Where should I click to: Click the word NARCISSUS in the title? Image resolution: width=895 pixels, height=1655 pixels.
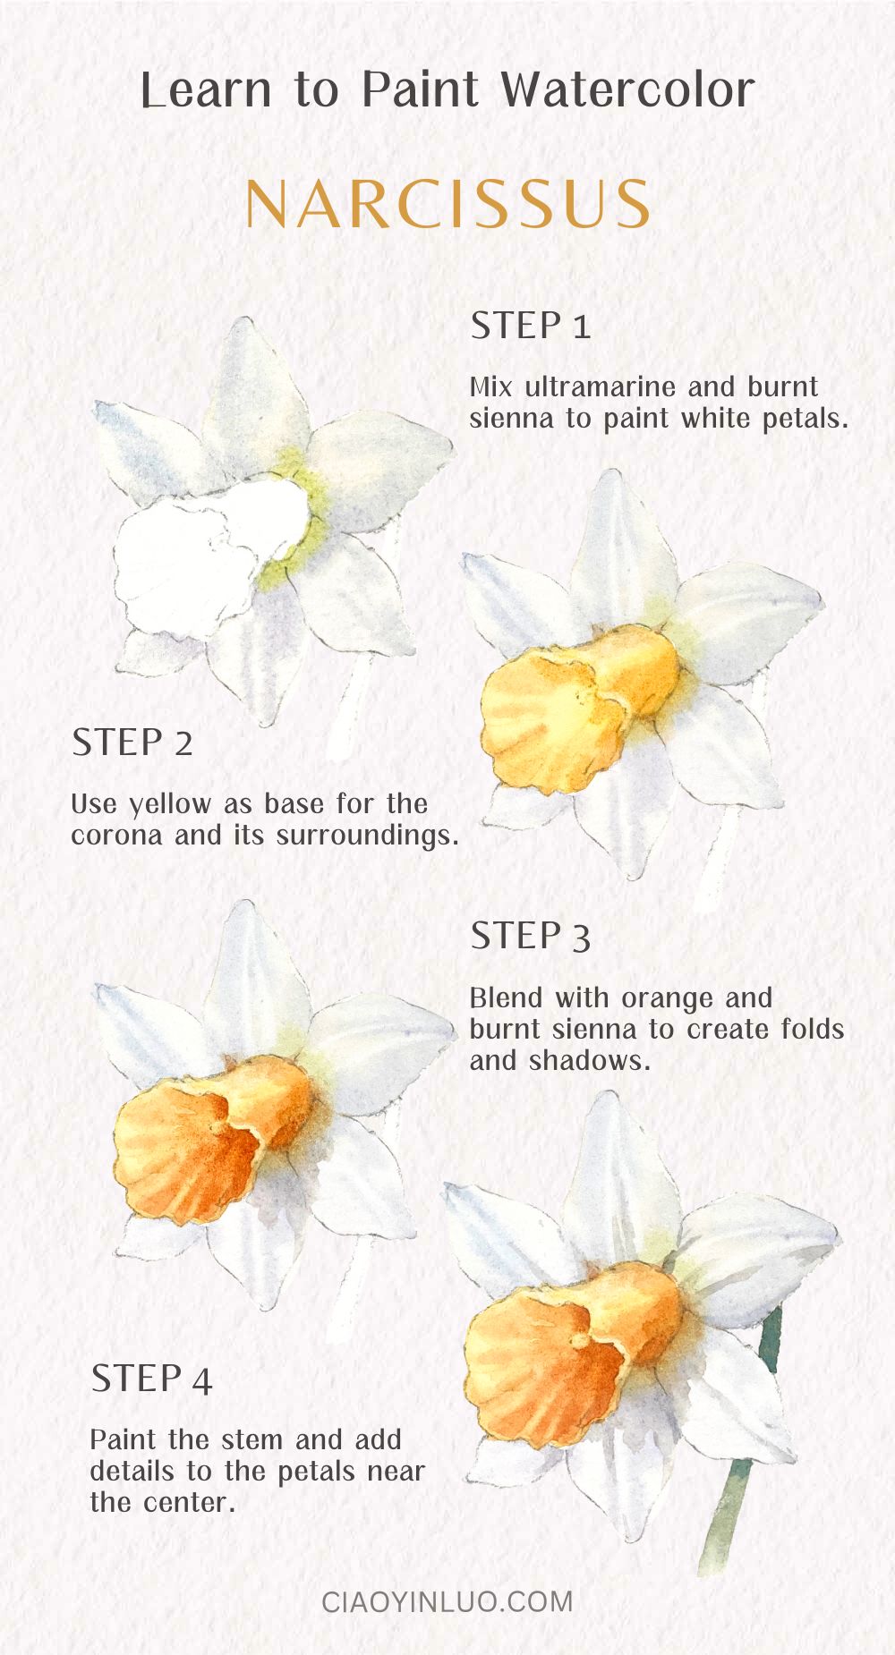(x=447, y=205)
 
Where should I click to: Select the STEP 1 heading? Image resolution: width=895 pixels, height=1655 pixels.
(x=531, y=326)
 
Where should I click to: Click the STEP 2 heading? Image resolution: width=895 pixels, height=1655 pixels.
(x=132, y=743)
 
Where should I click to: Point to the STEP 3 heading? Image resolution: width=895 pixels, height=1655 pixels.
(x=531, y=937)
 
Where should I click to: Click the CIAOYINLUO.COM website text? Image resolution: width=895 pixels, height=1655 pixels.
(x=447, y=1600)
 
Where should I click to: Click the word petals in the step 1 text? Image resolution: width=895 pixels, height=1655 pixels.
(x=801, y=419)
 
